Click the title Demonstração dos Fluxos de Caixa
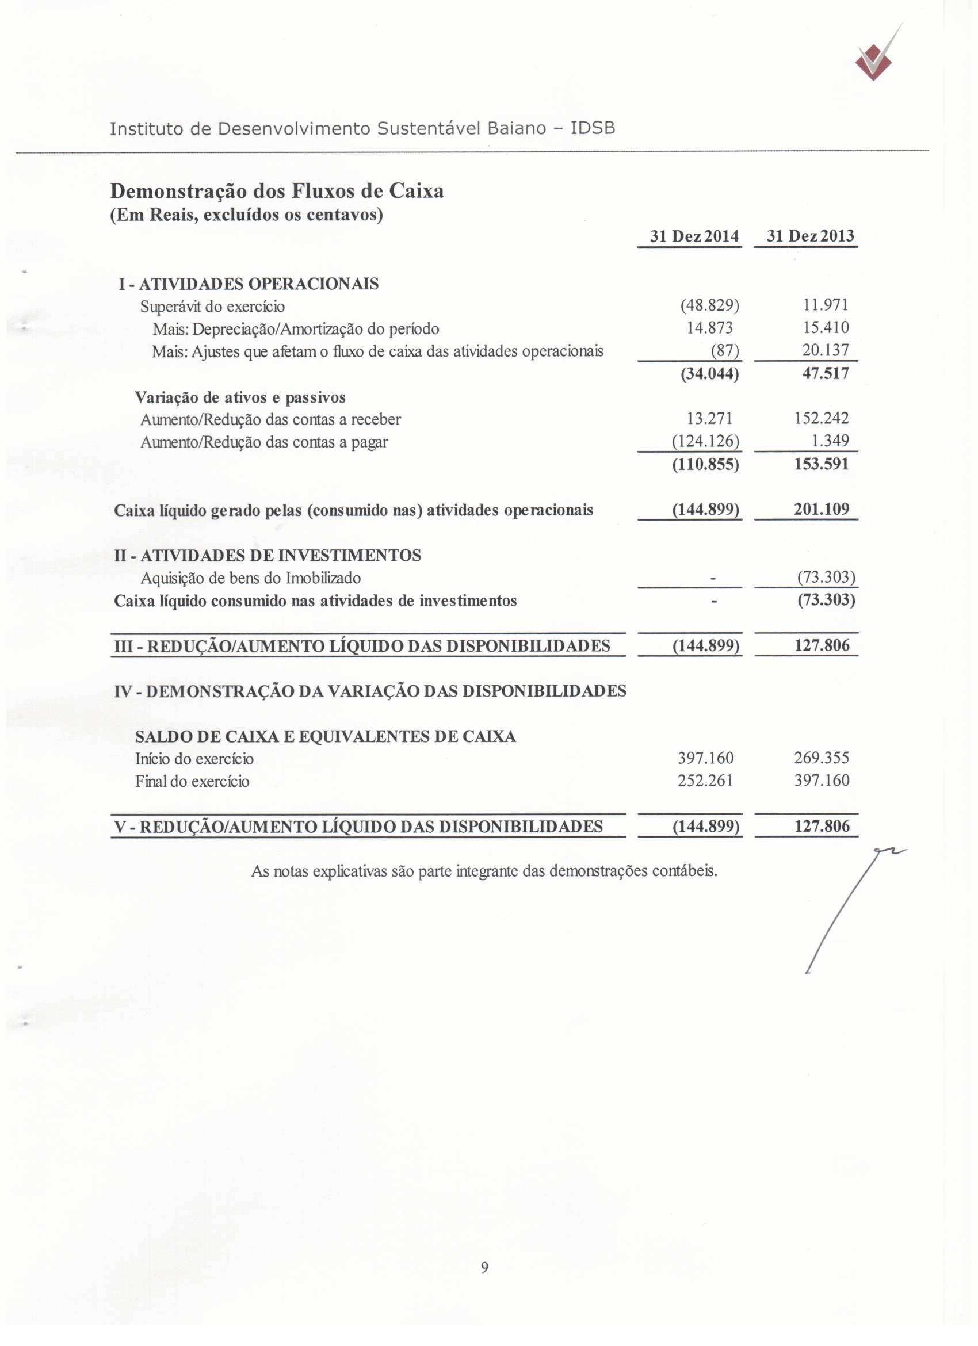point(277,191)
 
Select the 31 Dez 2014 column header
point(694,236)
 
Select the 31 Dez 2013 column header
point(810,236)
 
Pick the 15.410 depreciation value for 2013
point(826,328)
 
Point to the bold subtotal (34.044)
point(709,374)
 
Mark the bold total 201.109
point(822,509)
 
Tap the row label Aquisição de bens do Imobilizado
point(250,578)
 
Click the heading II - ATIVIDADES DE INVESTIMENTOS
point(268,556)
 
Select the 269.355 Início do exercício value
point(822,758)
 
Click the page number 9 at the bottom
point(484,1268)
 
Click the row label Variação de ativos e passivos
point(240,397)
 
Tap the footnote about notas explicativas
point(484,871)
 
